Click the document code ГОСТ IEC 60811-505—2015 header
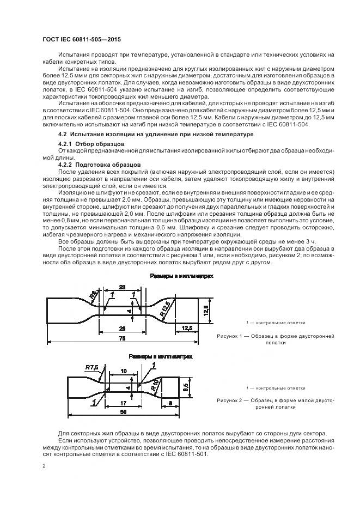(x=82, y=40)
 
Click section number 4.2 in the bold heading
(x=62, y=134)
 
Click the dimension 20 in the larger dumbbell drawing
(x=122, y=287)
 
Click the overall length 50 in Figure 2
(x=125, y=412)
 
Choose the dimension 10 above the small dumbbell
(x=124, y=371)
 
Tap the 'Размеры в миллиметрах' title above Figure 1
(x=182, y=276)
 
